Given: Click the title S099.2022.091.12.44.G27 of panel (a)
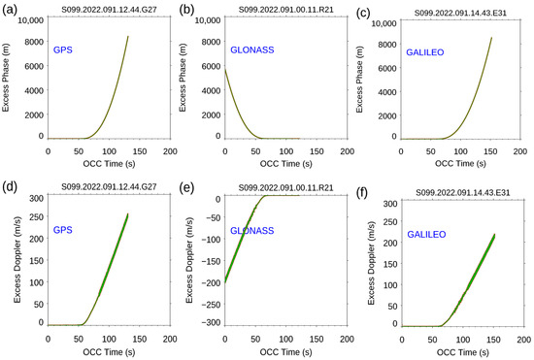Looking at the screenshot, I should tap(109, 11).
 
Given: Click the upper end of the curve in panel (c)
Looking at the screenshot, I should tap(492, 38).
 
